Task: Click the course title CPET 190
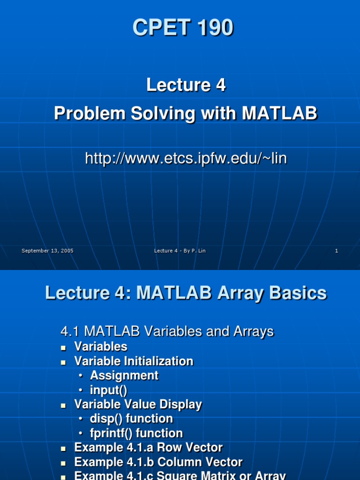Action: point(183,28)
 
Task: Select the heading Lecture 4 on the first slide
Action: point(186,85)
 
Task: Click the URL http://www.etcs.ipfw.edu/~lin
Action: point(186,159)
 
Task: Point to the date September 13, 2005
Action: point(47,251)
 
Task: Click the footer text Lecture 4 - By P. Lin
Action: point(180,251)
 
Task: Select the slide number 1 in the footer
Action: point(336,251)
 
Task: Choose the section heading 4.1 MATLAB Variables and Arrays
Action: point(167,332)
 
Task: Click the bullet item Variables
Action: point(101,347)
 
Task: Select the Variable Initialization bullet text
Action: point(134,361)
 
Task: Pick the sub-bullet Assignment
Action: point(124,375)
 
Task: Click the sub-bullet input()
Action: point(109,390)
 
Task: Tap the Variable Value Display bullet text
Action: point(138,405)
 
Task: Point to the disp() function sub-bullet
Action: point(131,419)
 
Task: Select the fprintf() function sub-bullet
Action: point(136,433)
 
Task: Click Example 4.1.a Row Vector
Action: point(148,448)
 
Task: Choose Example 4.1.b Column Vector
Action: point(158,462)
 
